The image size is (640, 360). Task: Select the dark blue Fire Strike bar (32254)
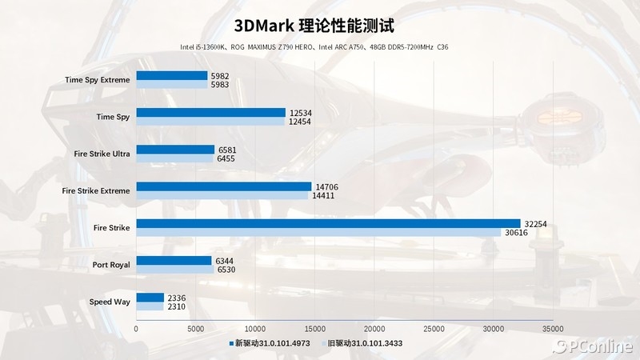(328, 223)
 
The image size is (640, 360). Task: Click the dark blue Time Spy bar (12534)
(210, 112)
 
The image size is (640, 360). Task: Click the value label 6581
(228, 149)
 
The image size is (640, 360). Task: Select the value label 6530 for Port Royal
(226, 270)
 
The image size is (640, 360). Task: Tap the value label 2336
(178, 298)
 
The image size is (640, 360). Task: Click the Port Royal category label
(111, 265)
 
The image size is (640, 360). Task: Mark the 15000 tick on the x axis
(314, 329)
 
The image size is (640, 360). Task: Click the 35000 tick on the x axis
(553, 329)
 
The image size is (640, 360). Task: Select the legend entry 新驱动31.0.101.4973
(272, 342)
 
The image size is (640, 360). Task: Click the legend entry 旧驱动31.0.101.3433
(368, 342)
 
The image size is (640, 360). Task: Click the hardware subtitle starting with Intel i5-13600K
(314, 47)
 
